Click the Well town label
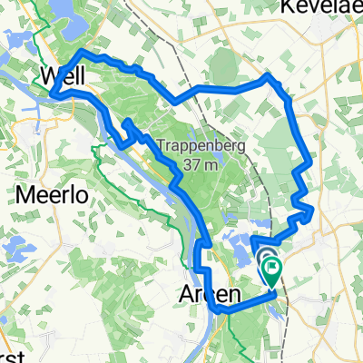(65, 73)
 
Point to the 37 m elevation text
(199, 164)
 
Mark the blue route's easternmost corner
(313, 211)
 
